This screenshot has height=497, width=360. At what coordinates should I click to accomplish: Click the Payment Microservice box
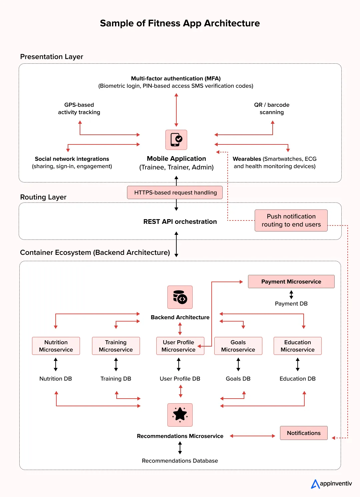click(x=291, y=282)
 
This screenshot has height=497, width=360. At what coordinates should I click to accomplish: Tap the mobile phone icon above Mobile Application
click(x=176, y=140)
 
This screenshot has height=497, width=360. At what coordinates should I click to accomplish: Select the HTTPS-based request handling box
click(x=175, y=192)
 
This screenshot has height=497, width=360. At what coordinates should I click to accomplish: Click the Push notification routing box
click(x=291, y=220)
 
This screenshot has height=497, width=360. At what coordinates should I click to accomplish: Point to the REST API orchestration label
click(x=180, y=222)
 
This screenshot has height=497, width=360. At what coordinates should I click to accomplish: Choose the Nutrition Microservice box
click(x=56, y=346)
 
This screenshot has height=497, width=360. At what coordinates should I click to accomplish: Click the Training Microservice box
click(x=116, y=346)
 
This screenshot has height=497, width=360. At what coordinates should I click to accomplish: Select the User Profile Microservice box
click(x=180, y=346)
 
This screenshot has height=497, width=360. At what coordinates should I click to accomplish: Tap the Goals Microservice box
click(x=238, y=346)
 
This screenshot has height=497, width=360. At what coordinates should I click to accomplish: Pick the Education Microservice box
click(x=297, y=346)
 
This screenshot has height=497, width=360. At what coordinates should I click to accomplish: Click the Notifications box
click(x=304, y=433)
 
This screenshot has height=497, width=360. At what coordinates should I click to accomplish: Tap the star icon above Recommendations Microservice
click(x=180, y=415)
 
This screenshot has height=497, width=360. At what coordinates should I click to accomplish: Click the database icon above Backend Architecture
click(x=180, y=297)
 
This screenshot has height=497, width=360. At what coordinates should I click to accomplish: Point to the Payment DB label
click(x=291, y=304)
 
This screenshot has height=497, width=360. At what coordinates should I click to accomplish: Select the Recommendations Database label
click(x=180, y=461)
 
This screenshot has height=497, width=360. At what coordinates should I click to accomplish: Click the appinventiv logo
click(x=331, y=484)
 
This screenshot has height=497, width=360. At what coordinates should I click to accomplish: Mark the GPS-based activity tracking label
click(x=79, y=108)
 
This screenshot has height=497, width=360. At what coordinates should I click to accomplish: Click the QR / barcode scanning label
click(x=272, y=108)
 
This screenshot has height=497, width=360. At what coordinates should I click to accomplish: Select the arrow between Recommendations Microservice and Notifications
click(x=252, y=436)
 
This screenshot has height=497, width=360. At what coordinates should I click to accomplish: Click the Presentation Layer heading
click(x=52, y=57)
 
